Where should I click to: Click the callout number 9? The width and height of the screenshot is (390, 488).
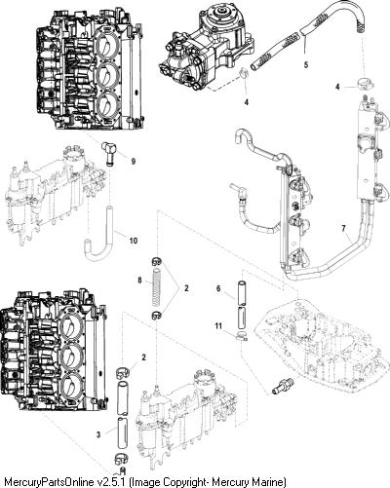(134, 161)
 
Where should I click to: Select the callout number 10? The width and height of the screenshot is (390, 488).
(134, 241)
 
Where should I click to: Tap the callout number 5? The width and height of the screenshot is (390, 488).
(306, 64)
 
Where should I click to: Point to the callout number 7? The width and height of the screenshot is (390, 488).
(344, 229)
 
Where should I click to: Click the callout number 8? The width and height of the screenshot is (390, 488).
(139, 280)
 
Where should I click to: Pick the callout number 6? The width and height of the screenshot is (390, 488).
(218, 288)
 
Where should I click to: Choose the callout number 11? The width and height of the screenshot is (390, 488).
(218, 325)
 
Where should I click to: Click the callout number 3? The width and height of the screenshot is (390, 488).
(98, 434)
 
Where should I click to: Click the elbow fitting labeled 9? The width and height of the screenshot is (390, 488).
(107, 153)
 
